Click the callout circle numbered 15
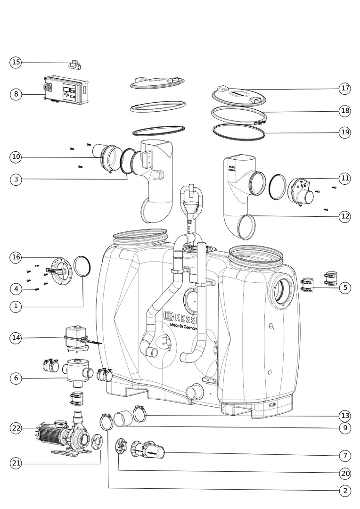16,62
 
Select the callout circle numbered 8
16,94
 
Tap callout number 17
345,88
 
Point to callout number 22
16,428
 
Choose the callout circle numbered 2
345,491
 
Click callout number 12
345,216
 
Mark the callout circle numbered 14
16,337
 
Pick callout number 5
345,287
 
